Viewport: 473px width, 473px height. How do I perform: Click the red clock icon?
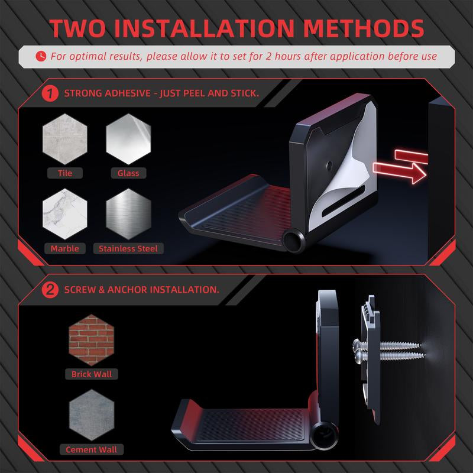[41, 56]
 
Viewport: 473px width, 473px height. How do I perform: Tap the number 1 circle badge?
[50, 93]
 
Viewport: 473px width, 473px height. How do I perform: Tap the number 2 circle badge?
[50, 290]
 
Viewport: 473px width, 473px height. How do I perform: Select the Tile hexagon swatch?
[65, 139]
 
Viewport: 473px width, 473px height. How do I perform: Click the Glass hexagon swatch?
[128, 139]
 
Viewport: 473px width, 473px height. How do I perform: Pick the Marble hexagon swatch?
[65, 214]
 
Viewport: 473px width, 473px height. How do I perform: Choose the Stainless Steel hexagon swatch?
[128, 214]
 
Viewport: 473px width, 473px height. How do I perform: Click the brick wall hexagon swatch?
[92, 340]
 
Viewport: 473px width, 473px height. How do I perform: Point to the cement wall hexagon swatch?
[92, 415]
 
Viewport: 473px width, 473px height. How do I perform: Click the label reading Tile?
[65, 173]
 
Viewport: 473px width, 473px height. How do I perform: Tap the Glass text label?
[128, 173]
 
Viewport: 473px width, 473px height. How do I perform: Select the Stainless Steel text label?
[128, 248]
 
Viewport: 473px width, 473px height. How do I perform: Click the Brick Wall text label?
[92, 374]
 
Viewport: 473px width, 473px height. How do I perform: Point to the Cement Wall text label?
[92, 450]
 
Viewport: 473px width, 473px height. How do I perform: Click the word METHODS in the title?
[364, 28]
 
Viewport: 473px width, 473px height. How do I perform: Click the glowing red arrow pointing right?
[400, 173]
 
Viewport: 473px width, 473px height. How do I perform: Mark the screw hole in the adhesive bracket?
[329, 165]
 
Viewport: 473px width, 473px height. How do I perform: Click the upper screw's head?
[357, 343]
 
